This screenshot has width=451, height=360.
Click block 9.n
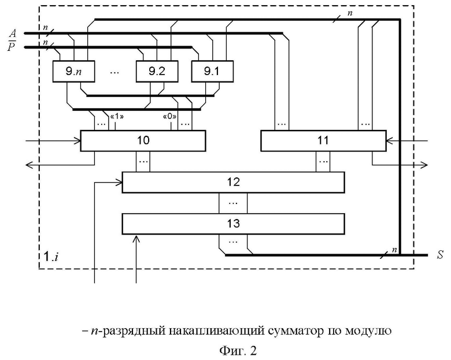tap(73, 71)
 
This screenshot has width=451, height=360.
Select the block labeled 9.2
tap(157, 71)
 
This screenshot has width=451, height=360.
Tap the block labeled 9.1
tap(212, 71)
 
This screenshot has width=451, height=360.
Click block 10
tap(143, 140)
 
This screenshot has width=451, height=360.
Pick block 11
tap(323, 140)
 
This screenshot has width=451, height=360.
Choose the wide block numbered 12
tap(233, 182)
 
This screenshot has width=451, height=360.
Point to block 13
tap(233, 224)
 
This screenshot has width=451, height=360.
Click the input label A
tap(13, 34)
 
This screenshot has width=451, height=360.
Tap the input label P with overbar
tap(12, 46)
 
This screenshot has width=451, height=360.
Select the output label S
tap(440, 255)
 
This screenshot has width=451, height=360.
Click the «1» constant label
tap(117, 117)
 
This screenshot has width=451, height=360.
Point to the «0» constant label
tap(169, 117)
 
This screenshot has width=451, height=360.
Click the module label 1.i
tap(51, 256)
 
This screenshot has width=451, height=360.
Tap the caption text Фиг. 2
tap(238, 351)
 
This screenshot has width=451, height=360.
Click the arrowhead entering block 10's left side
tap(77, 141)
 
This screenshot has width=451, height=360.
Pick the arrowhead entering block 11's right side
tap(390, 141)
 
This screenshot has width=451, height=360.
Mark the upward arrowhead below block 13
tap(136, 239)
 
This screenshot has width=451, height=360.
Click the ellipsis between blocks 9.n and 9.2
tap(114, 72)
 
